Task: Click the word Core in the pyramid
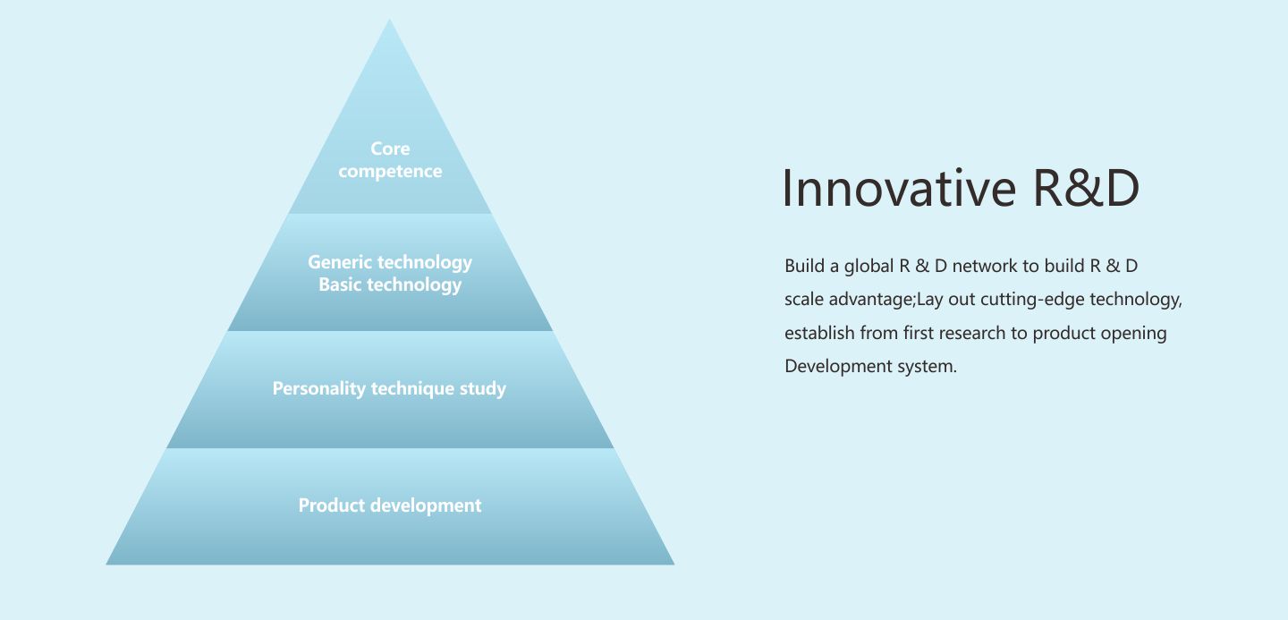point(390,149)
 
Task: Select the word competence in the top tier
point(390,172)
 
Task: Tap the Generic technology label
point(390,263)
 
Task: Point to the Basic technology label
point(390,285)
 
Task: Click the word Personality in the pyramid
point(319,389)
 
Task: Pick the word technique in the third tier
point(412,389)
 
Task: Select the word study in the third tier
point(482,389)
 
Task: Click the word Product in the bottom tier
point(332,505)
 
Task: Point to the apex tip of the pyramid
point(389,20)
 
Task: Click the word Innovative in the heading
point(899,188)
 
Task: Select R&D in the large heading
point(1086,188)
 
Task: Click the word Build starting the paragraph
point(804,266)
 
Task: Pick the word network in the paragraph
point(985,266)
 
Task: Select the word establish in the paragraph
point(819,333)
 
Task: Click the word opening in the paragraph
point(1133,335)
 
